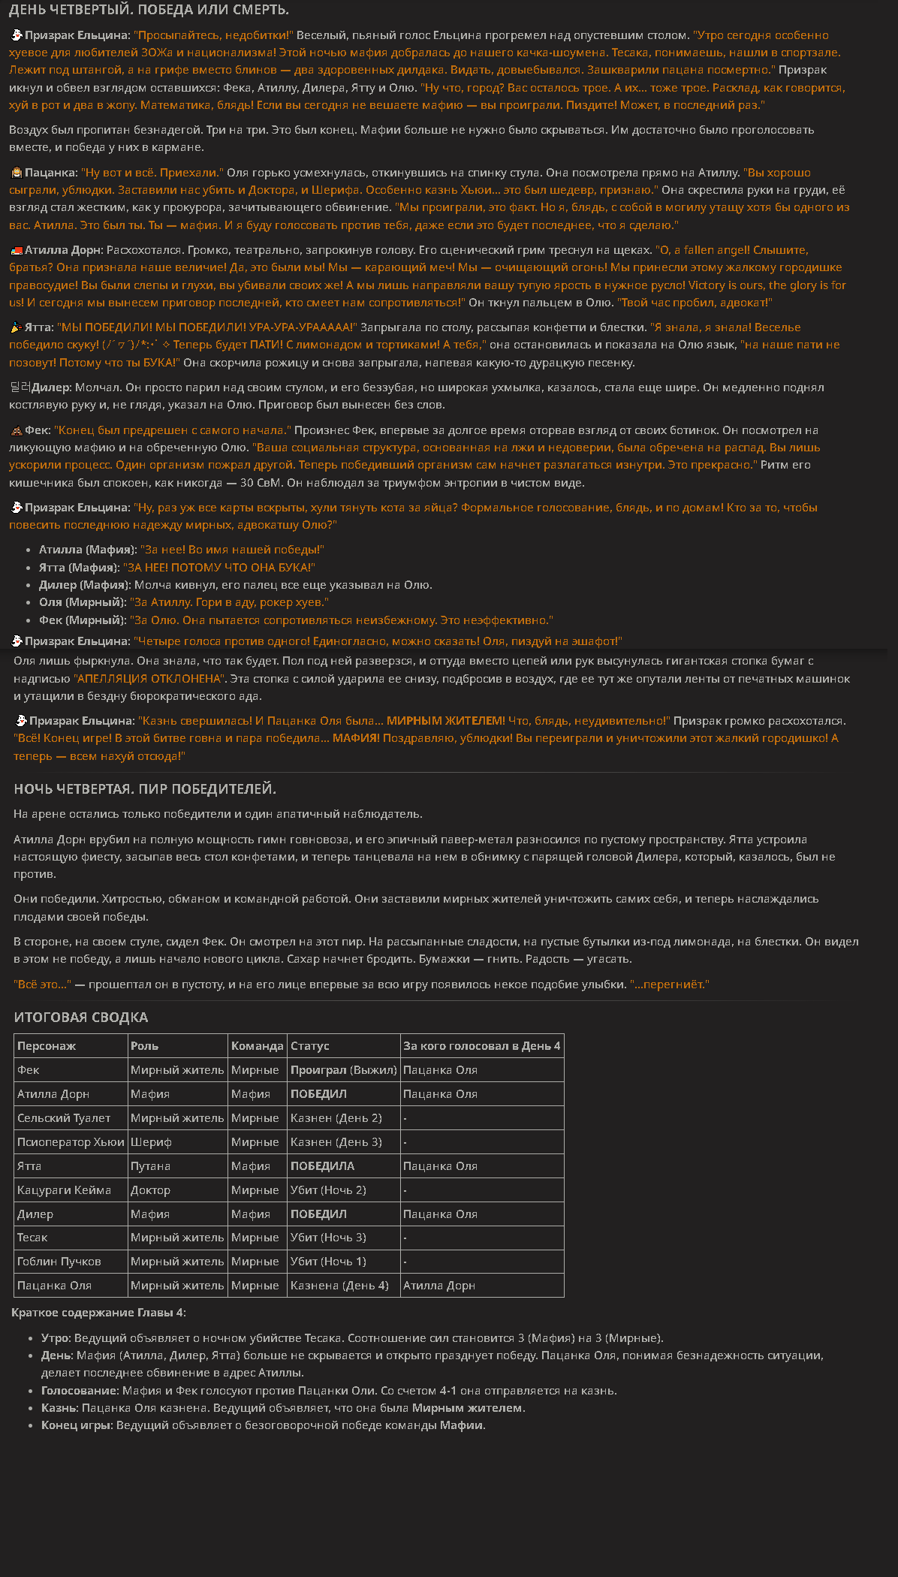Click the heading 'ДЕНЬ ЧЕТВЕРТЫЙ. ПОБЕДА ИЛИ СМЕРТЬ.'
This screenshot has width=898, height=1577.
pos(149,10)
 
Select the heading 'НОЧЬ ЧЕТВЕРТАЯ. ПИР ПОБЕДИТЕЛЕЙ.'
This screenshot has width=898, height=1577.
pos(145,788)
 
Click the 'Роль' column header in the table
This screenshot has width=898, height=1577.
pos(144,1045)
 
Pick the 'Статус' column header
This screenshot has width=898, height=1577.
pos(309,1045)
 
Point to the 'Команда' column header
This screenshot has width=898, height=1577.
pos(257,1045)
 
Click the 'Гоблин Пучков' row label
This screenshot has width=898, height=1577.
pos(59,1262)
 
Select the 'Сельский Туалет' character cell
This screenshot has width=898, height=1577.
pos(64,1117)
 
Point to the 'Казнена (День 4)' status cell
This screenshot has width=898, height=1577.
pos(339,1286)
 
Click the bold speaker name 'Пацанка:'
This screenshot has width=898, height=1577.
pos(51,173)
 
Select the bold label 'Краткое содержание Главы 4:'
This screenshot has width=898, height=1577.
pos(98,1313)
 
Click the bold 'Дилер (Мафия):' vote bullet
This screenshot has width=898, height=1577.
pos(85,585)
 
